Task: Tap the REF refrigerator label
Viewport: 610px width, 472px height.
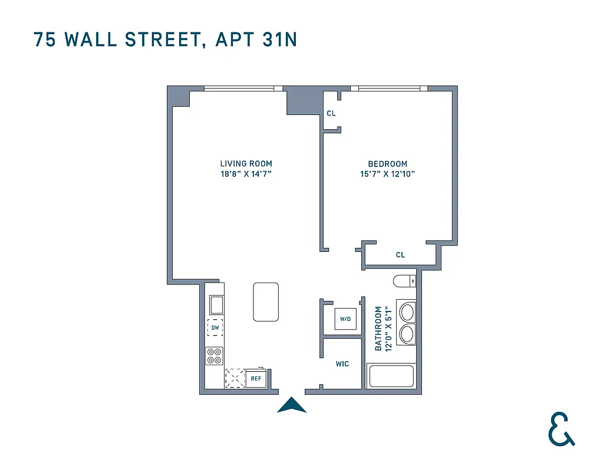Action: (x=256, y=379)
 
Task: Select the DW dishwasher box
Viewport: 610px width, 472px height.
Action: (x=215, y=327)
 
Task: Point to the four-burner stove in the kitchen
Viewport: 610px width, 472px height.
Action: (x=215, y=356)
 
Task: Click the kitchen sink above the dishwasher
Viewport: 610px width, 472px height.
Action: (x=216, y=305)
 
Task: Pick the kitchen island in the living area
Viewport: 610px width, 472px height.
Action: (x=266, y=301)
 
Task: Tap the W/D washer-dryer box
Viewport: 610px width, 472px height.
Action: (x=345, y=319)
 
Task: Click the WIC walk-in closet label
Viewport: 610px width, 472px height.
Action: (x=342, y=364)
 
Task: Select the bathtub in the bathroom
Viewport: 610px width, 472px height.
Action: (x=390, y=376)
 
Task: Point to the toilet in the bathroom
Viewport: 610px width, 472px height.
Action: (x=405, y=281)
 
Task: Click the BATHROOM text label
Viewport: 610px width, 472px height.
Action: (x=378, y=328)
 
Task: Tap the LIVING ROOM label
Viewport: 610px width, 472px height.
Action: (x=246, y=164)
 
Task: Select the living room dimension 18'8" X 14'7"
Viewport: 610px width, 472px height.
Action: (x=246, y=174)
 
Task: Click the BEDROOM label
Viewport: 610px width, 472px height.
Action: (x=387, y=164)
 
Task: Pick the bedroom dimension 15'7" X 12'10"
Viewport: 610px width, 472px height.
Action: (x=387, y=174)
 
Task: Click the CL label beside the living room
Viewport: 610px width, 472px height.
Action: (x=331, y=113)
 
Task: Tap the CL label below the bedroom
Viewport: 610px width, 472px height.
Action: (x=400, y=255)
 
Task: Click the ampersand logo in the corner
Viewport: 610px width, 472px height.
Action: (x=560, y=429)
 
